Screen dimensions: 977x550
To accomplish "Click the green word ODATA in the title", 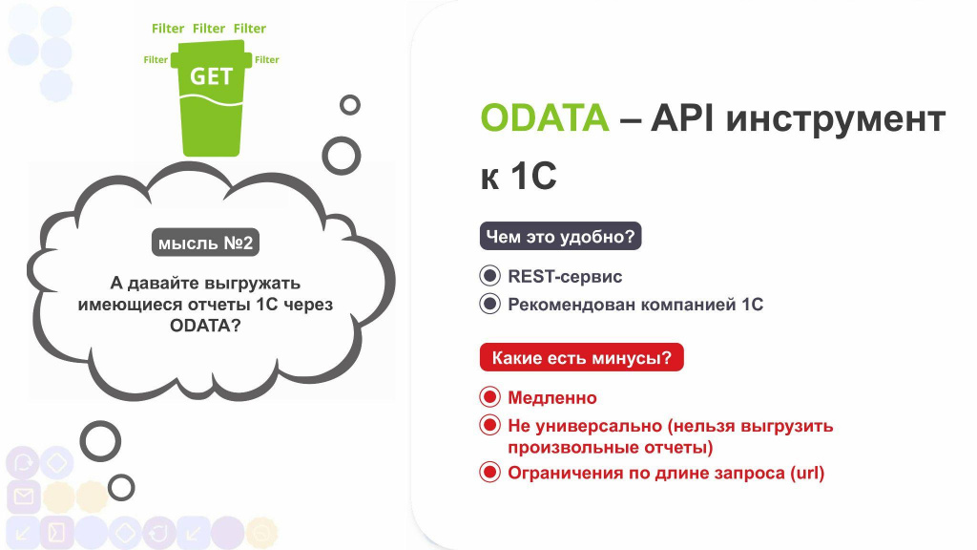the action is [x=545, y=117].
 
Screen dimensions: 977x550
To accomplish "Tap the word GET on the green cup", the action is [x=211, y=76].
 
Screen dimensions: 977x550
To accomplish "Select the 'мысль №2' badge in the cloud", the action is [x=206, y=243].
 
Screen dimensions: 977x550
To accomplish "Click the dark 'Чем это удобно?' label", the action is [x=560, y=237].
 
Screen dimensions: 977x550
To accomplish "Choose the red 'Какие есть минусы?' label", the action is [x=581, y=357].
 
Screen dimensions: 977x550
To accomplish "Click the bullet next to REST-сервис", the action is [x=489, y=276].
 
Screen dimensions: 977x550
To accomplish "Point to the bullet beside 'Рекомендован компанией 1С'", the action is [x=489, y=304].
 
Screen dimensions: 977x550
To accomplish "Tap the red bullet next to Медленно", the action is [x=489, y=396].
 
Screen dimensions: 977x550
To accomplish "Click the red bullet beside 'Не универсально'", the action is [x=489, y=425].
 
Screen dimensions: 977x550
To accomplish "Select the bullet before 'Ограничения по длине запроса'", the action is [x=489, y=472].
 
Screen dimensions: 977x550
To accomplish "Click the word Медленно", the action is [x=552, y=397].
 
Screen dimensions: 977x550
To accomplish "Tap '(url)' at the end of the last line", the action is [x=807, y=473].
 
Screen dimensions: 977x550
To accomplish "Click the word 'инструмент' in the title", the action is [x=836, y=119].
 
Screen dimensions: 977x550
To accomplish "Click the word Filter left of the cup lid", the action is [x=156, y=60].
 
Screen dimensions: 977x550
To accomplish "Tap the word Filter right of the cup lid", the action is [x=267, y=60].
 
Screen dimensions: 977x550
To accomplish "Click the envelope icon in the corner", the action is [x=24, y=497].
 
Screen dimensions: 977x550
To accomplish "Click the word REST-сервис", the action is [x=565, y=276].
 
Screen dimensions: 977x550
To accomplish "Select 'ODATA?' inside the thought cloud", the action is [x=205, y=326].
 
